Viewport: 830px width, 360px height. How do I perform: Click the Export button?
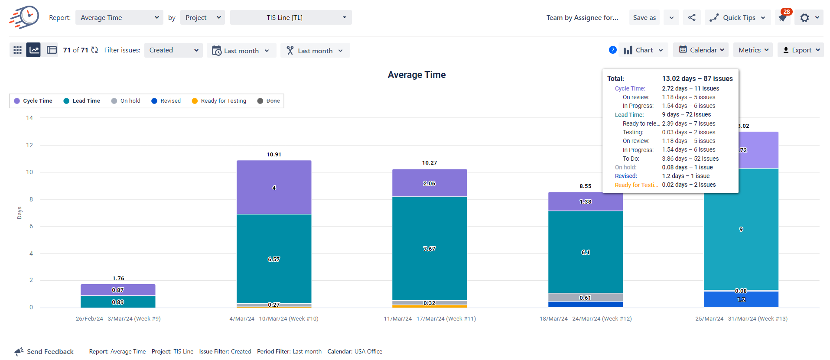pyautogui.click(x=801, y=50)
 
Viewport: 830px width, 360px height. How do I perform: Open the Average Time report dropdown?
pyautogui.click(x=119, y=18)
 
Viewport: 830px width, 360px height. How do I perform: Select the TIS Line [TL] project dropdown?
pyautogui.click(x=290, y=18)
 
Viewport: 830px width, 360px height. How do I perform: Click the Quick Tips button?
pyautogui.click(x=738, y=18)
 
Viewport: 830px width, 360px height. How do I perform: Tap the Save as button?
pyautogui.click(x=644, y=18)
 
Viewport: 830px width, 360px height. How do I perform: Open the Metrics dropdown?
pyautogui.click(x=753, y=50)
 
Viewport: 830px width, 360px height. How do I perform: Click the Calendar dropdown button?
pyautogui.click(x=700, y=50)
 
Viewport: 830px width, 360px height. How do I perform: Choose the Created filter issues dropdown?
pyautogui.click(x=173, y=50)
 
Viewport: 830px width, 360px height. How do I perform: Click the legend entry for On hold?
pyautogui.click(x=126, y=101)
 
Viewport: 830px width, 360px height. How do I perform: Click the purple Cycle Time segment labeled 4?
pyautogui.click(x=274, y=188)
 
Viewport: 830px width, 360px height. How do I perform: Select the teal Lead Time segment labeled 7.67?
pyautogui.click(x=430, y=249)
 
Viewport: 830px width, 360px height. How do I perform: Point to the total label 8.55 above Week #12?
pyautogui.click(x=586, y=186)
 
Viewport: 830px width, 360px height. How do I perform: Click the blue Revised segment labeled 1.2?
pyautogui.click(x=741, y=299)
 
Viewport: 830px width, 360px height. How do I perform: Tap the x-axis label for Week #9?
pyautogui.click(x=118, y=319)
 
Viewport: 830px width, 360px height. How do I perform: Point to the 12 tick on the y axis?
pyautogui.click(x=29, y=145)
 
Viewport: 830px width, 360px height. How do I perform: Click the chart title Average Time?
pyautogui.click(x=417, y=75)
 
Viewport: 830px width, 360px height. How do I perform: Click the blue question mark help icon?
pyautogui.click(x=612, y=50)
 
